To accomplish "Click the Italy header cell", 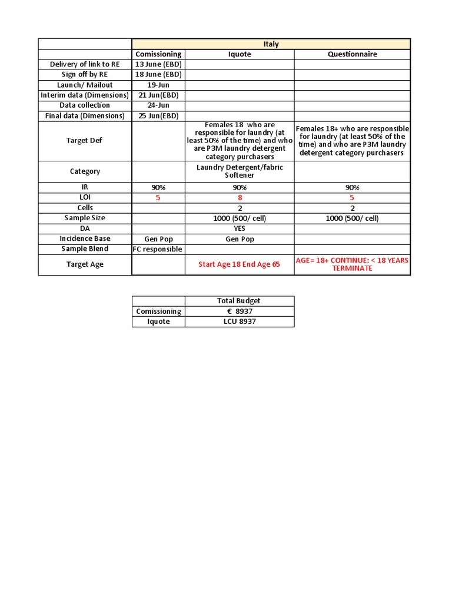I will (271, 44).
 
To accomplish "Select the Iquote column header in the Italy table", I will (240, 54).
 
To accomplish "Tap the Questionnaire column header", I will (353, 54).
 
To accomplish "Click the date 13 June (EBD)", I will (158, 64).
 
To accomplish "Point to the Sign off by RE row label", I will (85, 75).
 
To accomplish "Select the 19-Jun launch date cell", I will (158, 85).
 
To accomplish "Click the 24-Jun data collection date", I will (158, 105).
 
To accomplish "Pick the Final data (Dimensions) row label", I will (85, 116).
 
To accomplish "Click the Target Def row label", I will (85, 141).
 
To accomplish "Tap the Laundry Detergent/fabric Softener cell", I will (240, 171).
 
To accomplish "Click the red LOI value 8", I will (240, 198).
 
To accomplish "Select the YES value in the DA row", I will (240, 228).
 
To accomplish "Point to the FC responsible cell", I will (158, 249).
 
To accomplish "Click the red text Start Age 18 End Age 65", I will (240, 264).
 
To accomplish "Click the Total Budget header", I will (239, 301).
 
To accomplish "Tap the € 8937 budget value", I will (239, 312).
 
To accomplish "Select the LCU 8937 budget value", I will (239, 322).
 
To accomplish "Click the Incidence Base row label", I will (85, 239).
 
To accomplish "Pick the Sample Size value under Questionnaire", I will (353, 218).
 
